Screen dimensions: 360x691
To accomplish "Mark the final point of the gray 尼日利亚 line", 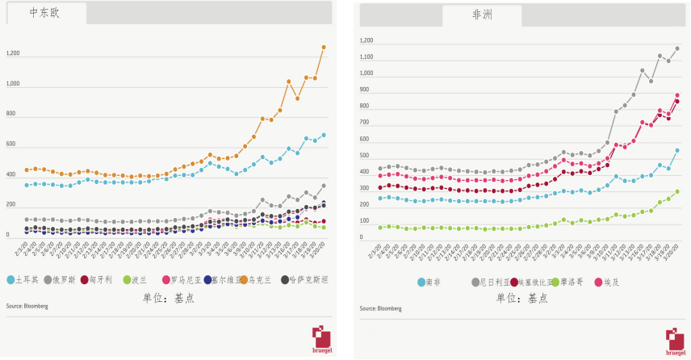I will tap(676, 48).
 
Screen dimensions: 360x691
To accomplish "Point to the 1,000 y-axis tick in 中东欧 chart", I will tap(13, 84).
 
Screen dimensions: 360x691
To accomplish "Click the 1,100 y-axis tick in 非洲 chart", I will tap(366, 57).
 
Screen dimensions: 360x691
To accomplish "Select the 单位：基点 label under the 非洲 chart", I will tap(522, 298).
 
